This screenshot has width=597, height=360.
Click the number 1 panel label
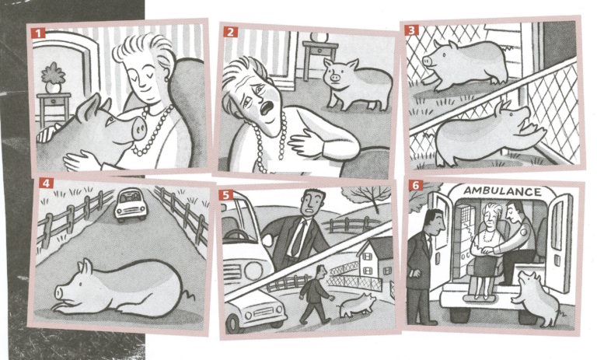(36, 33)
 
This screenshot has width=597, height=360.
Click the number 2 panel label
(231, 32)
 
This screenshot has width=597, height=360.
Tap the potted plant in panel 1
(53, 76)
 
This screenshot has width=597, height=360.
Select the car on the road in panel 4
(128, 205)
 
